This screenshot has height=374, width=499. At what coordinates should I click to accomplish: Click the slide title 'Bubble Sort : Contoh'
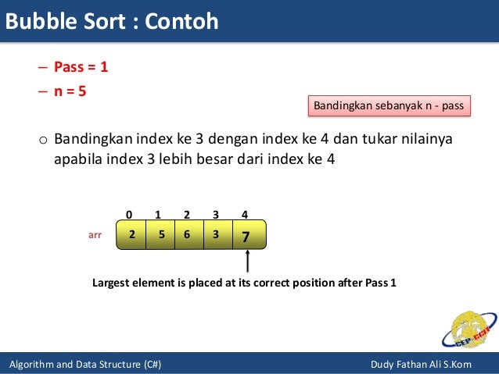(111, 21)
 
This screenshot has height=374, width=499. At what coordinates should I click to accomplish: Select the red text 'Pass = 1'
(81, 67)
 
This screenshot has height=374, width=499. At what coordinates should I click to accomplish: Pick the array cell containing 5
(160, 234)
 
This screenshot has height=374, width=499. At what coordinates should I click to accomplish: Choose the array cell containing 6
(188, 234)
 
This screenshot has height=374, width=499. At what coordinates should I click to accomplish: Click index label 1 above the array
(158, 214)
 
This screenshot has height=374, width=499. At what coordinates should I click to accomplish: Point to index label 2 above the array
(187, 214)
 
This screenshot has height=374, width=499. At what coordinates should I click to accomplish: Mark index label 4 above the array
(245, 214)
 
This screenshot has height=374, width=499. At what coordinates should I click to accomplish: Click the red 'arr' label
(94, 233)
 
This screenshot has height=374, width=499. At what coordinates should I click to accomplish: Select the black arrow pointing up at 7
(246, 262)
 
